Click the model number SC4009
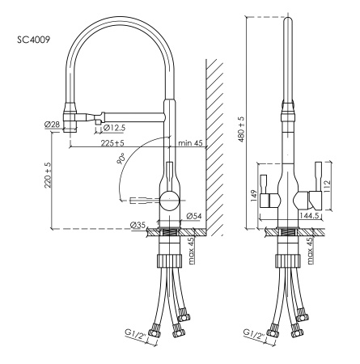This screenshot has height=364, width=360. point(33,38)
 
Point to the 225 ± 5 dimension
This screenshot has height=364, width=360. point(118,144)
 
